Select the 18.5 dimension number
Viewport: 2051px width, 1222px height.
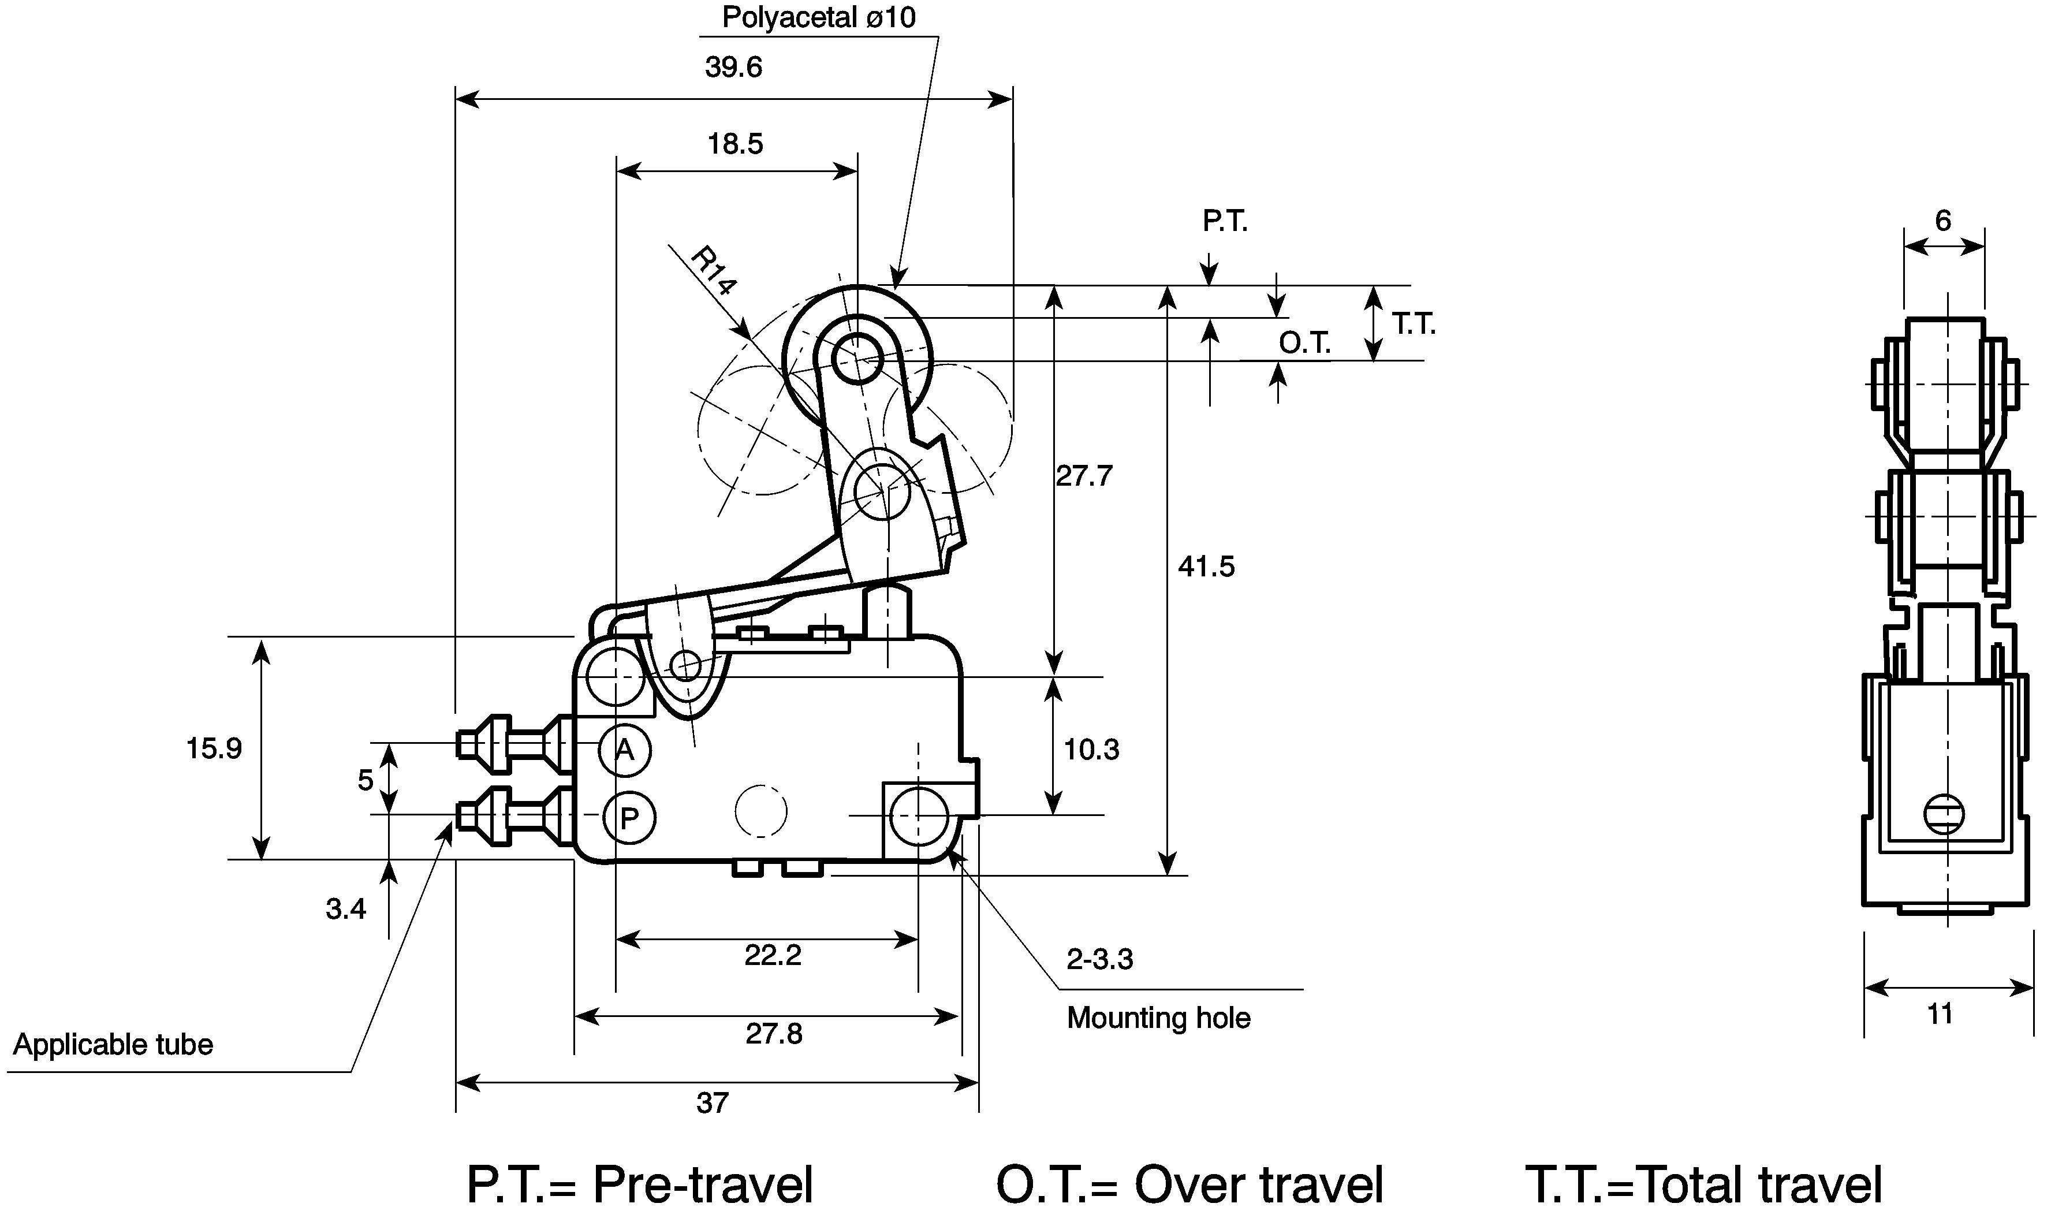[x=735, y=144]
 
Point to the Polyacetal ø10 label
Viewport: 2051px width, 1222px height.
[x=818, y=17]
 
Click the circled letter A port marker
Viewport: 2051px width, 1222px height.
[x=625, y=750]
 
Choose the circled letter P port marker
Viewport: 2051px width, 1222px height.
[x=629, y=818]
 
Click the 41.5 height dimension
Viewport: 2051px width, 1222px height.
[x=1206, y=567]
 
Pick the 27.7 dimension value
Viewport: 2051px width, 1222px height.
[x=1084, y=475]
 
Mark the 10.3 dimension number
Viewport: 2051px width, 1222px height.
[x=1091, y=750]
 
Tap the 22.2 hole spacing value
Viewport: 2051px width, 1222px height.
[x=773, y=955]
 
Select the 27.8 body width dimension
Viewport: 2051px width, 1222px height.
[x=774, y=1033]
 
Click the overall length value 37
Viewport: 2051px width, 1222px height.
[x=712, y=1102]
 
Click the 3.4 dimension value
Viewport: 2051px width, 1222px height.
[x=346, y=909]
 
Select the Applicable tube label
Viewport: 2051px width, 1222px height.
[x=113, y=1045]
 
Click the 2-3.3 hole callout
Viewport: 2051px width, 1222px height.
[x=1100, y=959]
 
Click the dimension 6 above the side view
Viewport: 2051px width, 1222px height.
[x=1943, y=220]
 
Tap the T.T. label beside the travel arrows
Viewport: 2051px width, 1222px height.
[x=1414, y=325]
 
